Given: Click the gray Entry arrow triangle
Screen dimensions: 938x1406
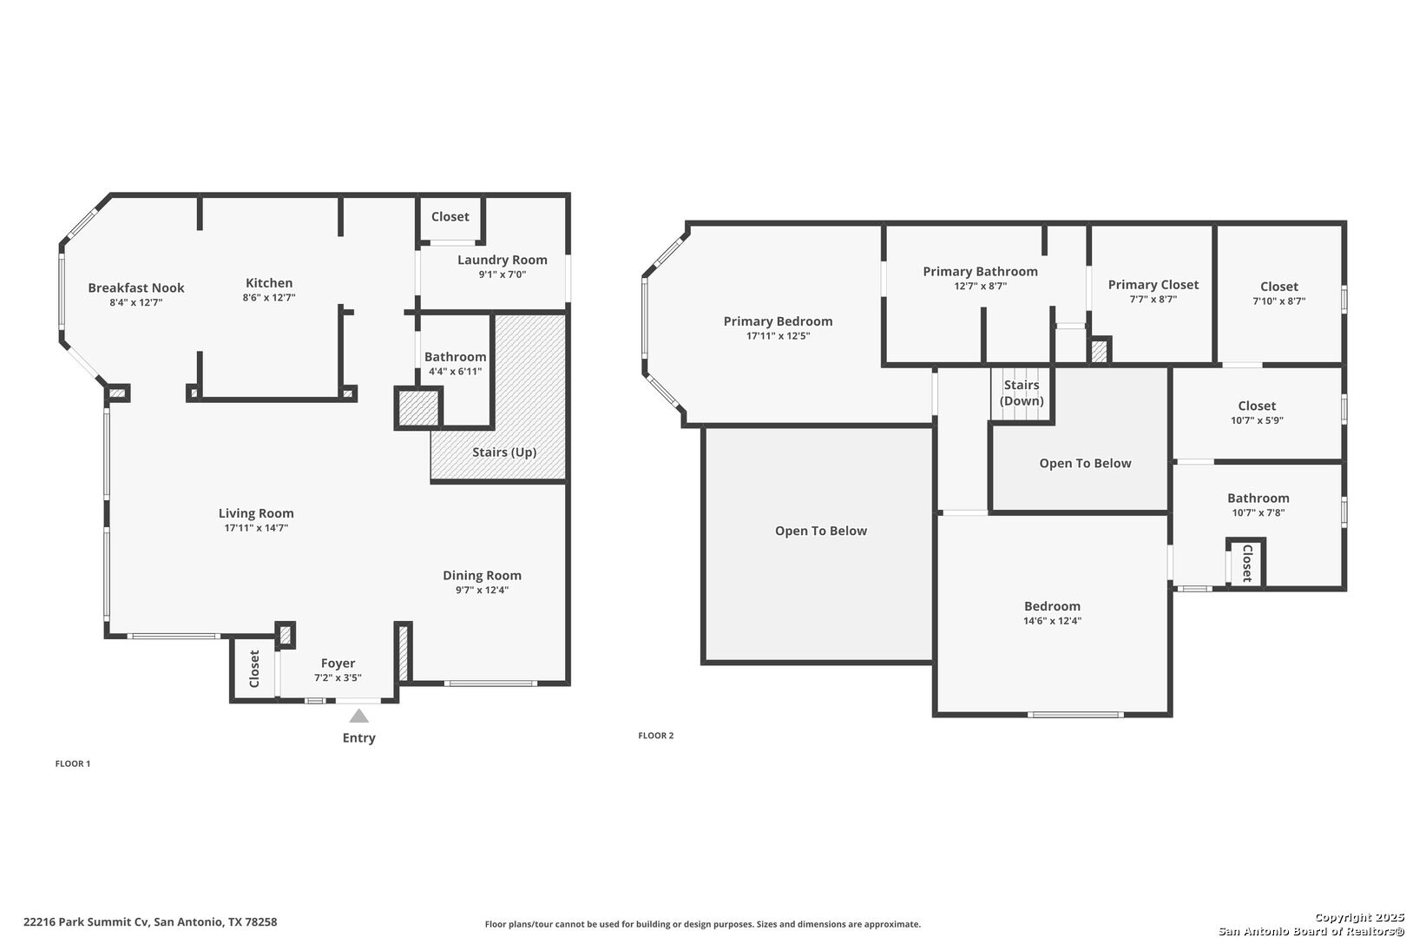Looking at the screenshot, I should tap(358, 717).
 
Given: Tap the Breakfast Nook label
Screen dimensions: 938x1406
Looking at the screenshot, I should tap(136, 288).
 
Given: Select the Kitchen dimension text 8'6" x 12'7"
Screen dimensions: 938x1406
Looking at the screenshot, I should tap(269, 298).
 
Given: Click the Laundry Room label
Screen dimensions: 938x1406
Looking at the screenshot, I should tap(502, 260).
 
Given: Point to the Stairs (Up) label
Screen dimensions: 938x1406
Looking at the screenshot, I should tap(504, 452).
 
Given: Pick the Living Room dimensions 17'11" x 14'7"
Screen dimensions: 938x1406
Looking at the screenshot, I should tap(256, 528).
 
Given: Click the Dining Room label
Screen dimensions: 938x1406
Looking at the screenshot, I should tap(482, 575).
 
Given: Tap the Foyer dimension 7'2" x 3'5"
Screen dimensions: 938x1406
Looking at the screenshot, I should tap(338, 678).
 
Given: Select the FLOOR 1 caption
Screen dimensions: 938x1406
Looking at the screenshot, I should tap(73, 764).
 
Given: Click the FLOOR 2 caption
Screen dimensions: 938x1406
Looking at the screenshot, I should tap(656, 736).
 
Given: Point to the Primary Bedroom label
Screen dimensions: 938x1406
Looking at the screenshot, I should tap(778, 321).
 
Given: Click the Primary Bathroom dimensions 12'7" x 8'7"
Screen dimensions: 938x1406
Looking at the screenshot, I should tap(980, 286).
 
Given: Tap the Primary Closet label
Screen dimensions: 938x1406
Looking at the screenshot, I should tap(1153, 285).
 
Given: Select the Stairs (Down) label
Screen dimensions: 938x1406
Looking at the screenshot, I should tap(1022, 393).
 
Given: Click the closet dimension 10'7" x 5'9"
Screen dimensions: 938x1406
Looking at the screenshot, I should tap(1257, 420).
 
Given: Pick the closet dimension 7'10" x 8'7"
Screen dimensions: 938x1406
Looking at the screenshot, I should tap(1278, 301).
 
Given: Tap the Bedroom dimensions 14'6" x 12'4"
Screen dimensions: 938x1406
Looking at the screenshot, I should tap(1052, 621).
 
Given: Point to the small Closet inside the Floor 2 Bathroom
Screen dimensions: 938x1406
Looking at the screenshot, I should tap(1246, 564).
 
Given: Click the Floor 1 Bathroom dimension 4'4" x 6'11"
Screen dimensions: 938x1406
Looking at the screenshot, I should tap(455, 372).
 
